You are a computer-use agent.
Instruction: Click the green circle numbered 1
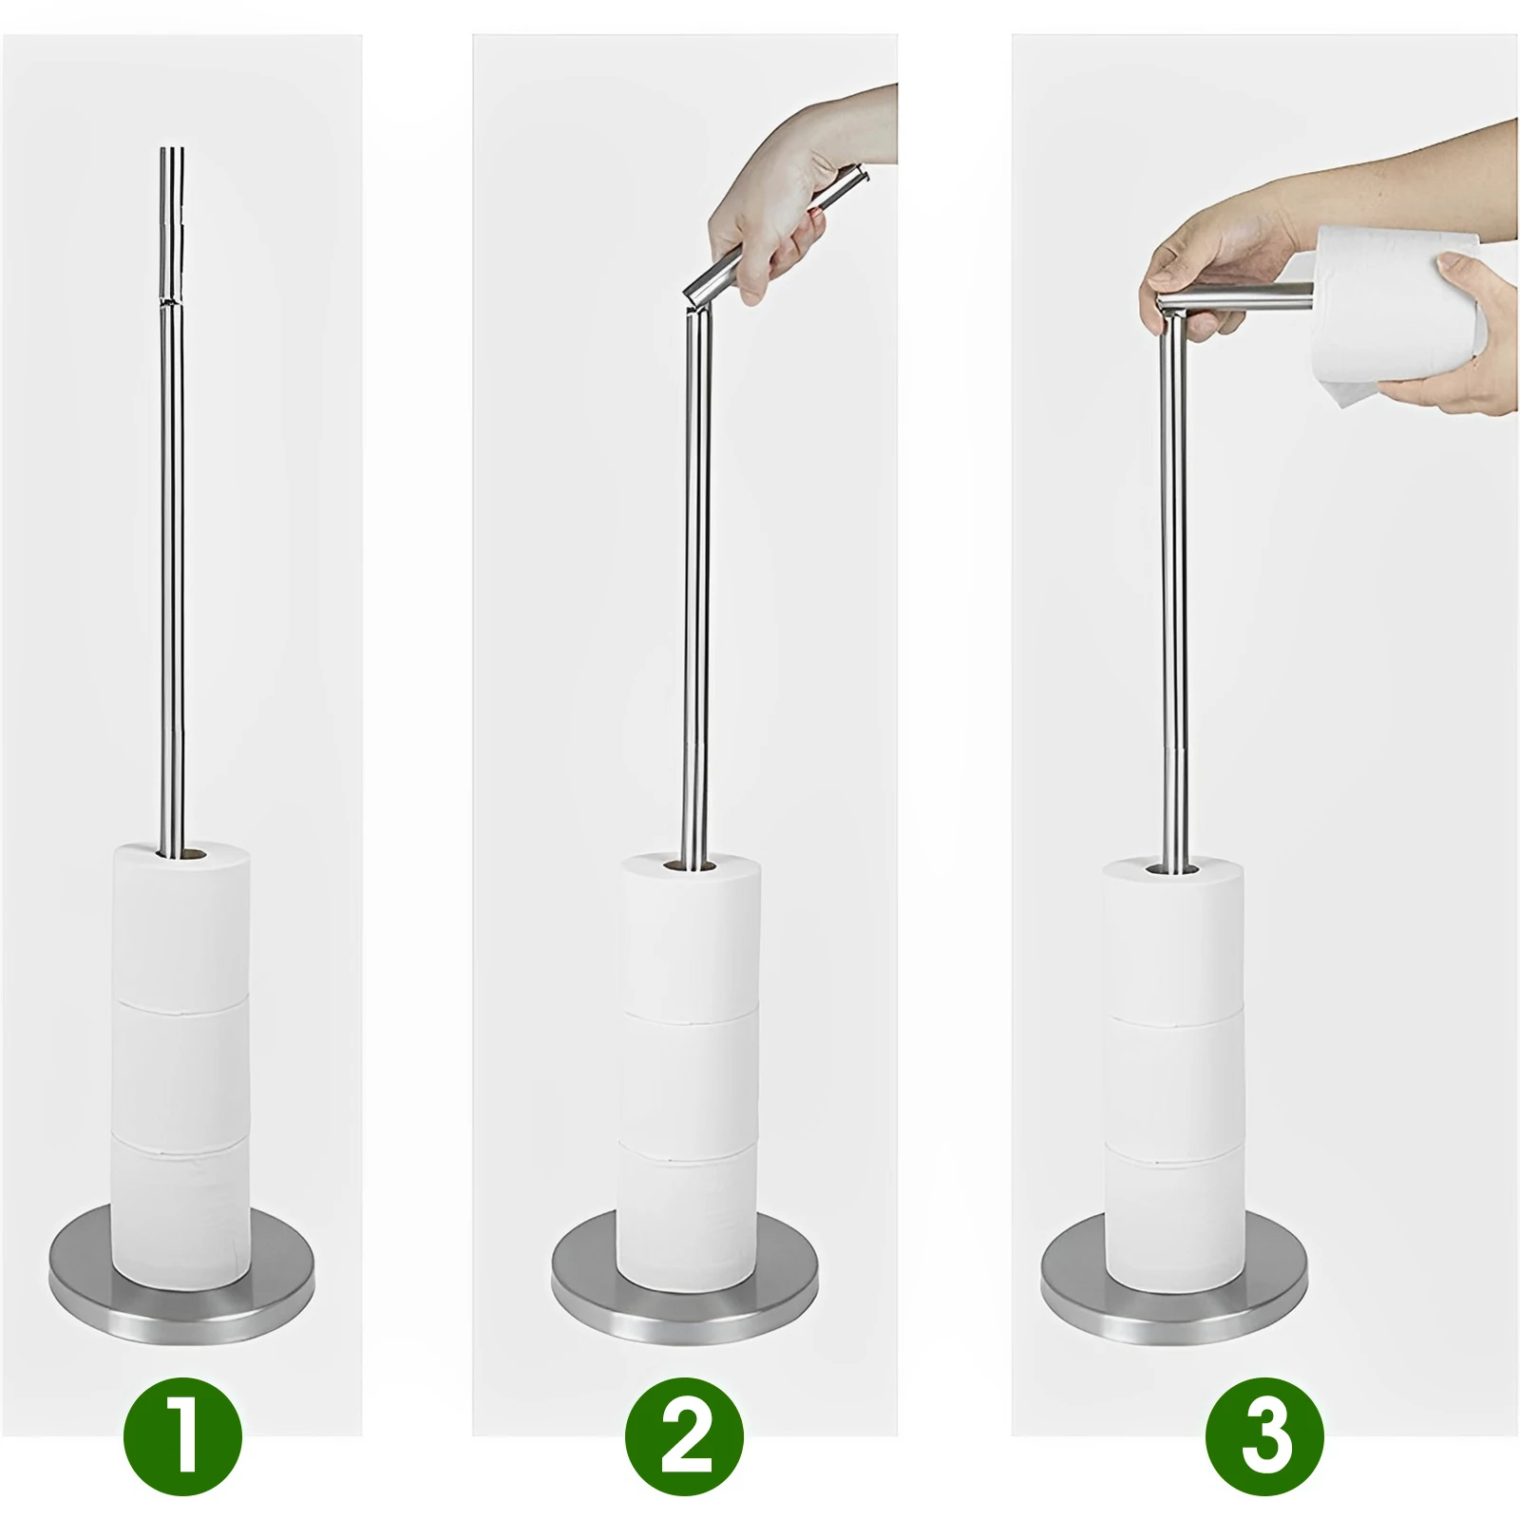[182, 1439]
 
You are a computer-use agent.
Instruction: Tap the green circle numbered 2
[684, 1439]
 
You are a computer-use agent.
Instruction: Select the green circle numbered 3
[1264, 1439]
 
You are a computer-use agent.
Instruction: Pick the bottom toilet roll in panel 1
[182, 1202]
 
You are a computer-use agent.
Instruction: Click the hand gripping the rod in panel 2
[788, 218]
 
